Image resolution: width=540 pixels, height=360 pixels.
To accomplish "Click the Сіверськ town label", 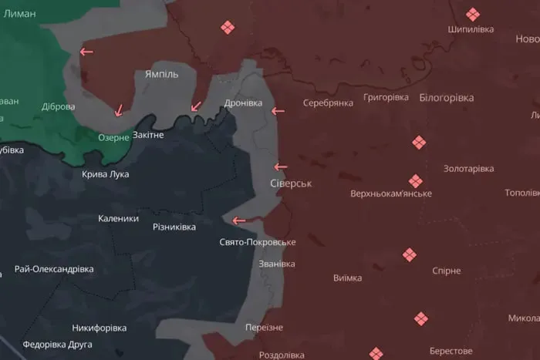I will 291,184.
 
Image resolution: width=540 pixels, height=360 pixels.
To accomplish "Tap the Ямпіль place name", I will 161,74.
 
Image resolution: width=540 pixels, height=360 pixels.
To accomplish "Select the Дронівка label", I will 243,103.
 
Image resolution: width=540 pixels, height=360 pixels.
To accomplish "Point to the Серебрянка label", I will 328,103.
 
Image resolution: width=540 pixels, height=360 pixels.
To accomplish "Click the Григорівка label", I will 386,98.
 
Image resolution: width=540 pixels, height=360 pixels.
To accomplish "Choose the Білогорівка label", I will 447,98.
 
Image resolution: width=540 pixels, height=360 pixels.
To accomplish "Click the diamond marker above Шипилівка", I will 472,14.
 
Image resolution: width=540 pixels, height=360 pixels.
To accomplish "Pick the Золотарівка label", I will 468,169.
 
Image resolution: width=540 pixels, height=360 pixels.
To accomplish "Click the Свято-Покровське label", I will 258,242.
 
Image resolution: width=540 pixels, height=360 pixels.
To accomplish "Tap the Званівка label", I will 277,264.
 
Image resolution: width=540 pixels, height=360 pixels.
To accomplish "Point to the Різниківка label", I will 174,227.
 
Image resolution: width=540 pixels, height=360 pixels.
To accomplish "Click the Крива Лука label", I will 106,174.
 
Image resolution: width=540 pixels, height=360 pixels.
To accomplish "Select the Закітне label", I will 148,135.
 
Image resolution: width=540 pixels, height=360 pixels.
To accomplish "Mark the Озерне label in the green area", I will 113,137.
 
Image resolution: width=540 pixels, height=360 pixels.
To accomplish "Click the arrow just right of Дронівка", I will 278,112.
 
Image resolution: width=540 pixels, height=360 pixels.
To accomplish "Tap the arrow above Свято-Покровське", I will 239,220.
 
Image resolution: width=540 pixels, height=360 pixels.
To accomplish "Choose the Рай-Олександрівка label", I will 54,269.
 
